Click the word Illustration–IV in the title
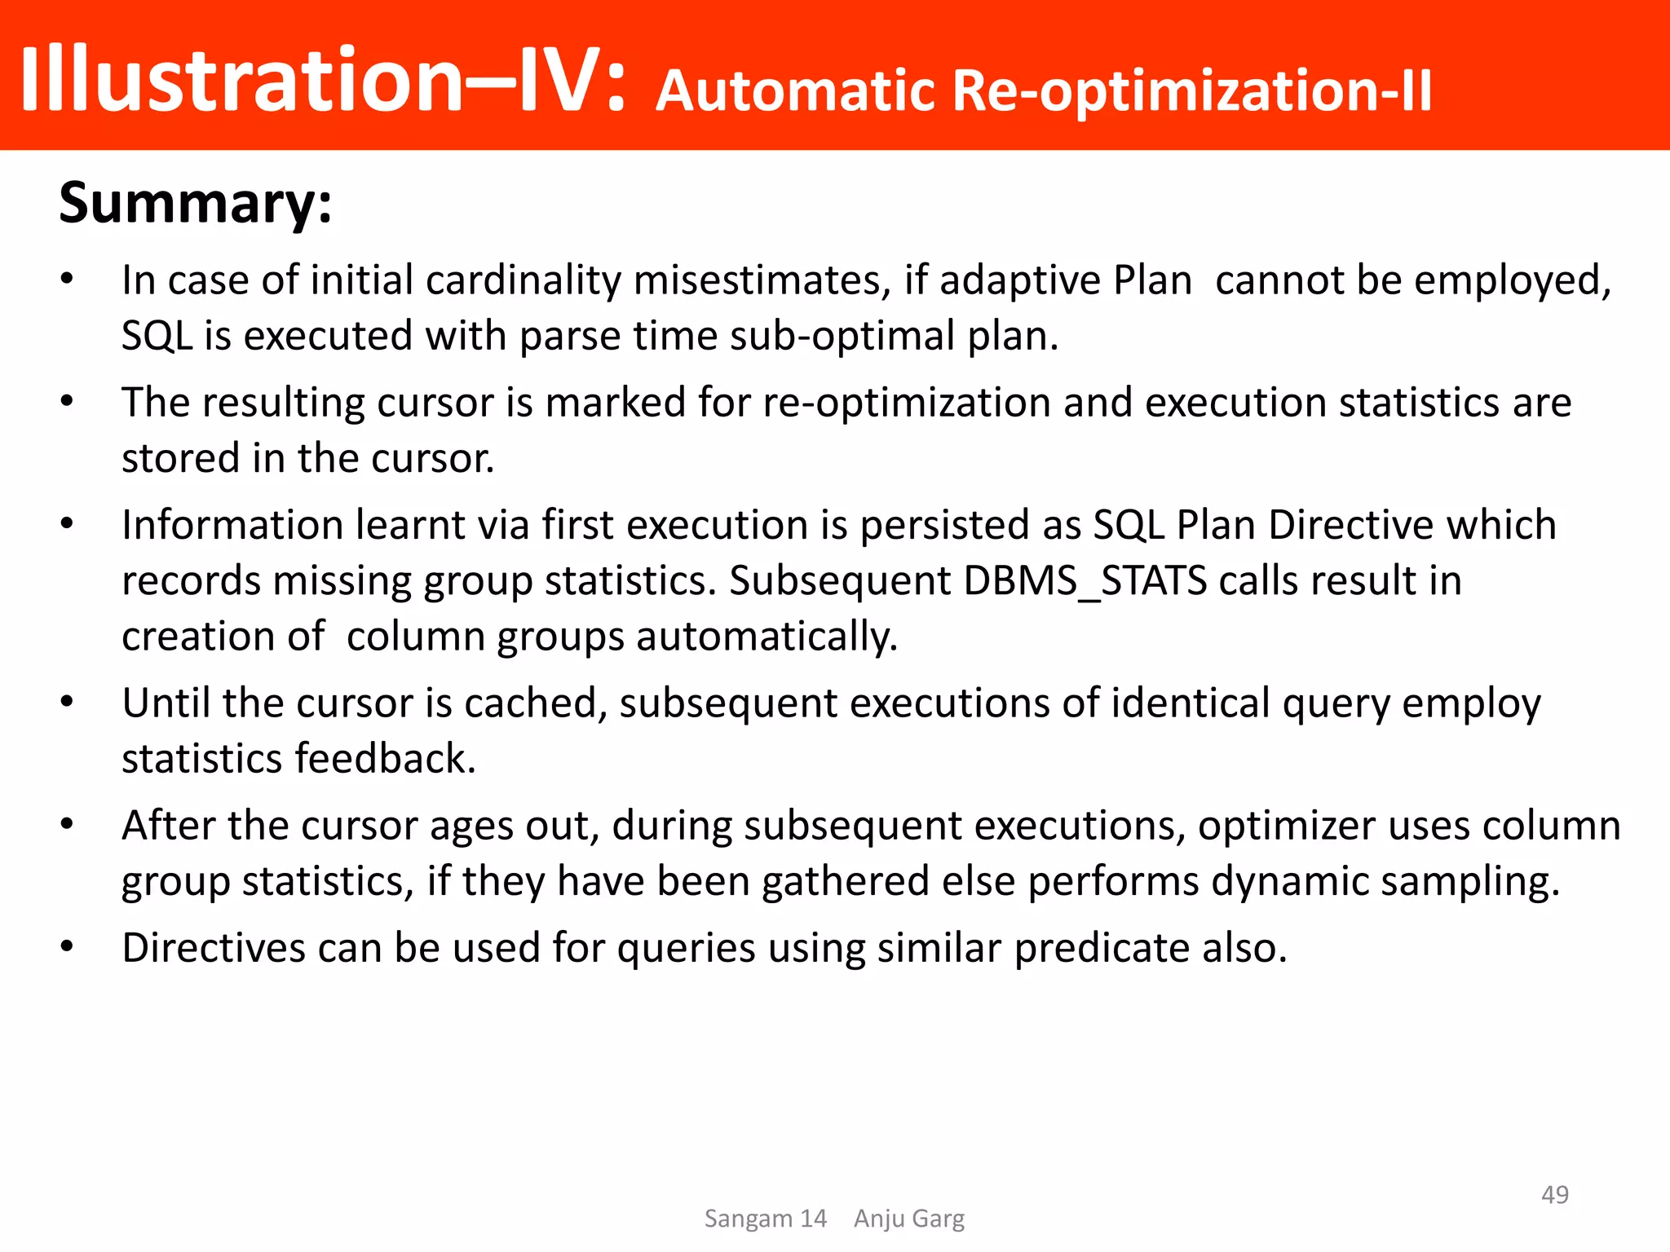click(322, 80)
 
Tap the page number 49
click(1554, 1194)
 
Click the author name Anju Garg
click(908, 1219)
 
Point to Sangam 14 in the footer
click(765, 1219)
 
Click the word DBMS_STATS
click(1085, 581)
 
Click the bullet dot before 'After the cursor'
click(68, 824)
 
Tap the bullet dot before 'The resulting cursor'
click(68, 401)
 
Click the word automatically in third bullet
click(767, 637)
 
